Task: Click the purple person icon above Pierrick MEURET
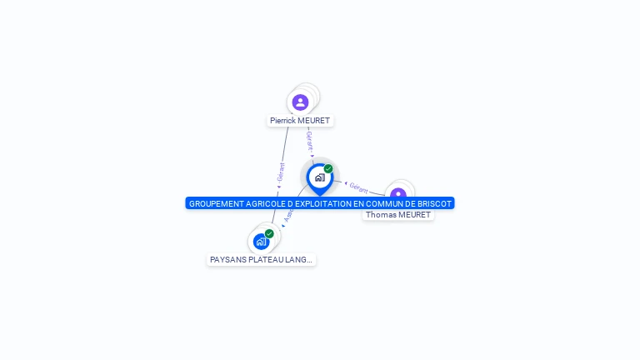[301, 102]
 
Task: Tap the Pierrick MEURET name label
[300, 121]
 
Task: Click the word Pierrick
[282, 121]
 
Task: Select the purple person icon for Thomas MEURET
[398, 195]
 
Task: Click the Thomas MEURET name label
[398, 215]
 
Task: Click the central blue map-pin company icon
[319, 177]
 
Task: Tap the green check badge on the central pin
[328, 168]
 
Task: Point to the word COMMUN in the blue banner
[385, 203]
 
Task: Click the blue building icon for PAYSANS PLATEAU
[261, 242]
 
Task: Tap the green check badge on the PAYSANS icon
[269, 234]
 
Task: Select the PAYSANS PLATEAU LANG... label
[262, 260]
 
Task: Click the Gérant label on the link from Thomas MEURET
[358, 188]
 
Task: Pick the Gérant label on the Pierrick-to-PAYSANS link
[281, 172]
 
